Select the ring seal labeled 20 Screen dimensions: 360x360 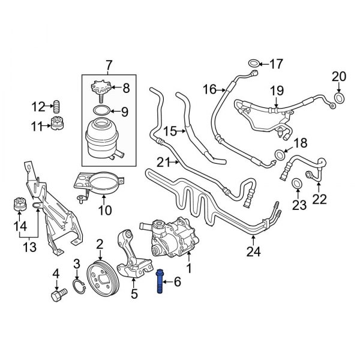(x=339, y=98)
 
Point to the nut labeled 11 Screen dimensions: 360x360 (x=58, y=127)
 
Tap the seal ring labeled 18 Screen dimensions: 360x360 (x=280, y=156)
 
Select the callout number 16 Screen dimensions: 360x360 (x=209, y=90)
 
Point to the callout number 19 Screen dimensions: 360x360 (x=276, y=90)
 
